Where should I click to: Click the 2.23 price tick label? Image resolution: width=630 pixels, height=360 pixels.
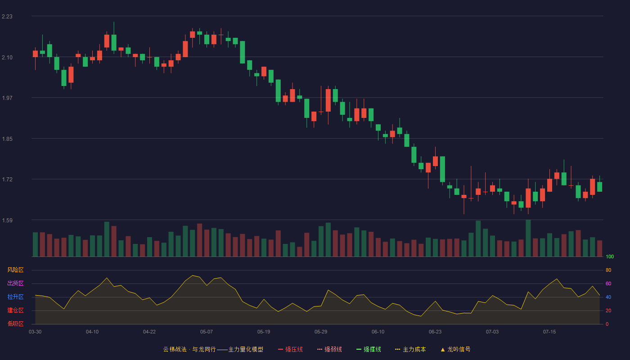pos(7,17)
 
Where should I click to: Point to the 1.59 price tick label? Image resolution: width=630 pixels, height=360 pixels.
pos(7,220)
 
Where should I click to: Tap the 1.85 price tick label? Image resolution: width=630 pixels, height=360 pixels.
pos(7,139)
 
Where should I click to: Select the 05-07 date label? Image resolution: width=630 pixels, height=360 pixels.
pos(207,332)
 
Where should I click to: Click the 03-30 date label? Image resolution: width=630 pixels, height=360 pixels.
pos(35,332)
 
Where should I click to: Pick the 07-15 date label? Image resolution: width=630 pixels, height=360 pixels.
pos(549,332)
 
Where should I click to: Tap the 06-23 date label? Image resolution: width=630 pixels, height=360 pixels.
pos(435,332)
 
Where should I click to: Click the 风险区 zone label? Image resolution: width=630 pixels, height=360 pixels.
pos(15,270)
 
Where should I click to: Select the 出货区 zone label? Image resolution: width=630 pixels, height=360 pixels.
pos(15,283)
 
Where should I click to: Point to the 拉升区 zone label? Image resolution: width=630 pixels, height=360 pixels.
pos(15,297)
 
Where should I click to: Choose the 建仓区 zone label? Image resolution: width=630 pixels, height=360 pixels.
pos(15,310)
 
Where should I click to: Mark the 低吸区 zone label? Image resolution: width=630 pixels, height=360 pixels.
pos(15,324)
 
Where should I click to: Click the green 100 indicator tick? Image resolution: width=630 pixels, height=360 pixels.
pos(610,256)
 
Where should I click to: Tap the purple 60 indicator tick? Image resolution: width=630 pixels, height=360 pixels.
pos(608,283)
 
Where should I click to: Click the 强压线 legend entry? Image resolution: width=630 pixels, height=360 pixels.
pos(290,349)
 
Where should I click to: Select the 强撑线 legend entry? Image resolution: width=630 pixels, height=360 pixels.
pos(369,349)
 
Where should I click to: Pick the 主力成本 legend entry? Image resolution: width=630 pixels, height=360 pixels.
pos(410,349)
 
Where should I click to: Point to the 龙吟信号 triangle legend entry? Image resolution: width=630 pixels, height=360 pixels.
pos(455,349)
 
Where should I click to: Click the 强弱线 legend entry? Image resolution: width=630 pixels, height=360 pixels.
pos(329,349)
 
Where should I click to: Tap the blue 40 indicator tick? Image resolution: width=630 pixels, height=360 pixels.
pos(608,297)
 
